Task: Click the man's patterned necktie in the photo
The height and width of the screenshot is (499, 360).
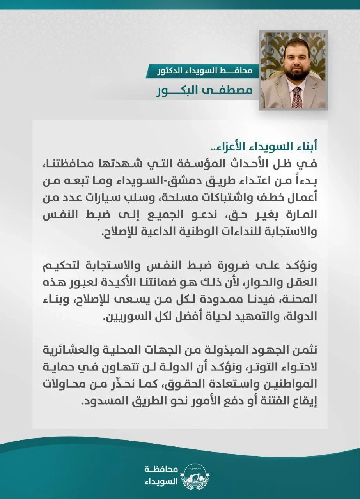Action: click(297, 97)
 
